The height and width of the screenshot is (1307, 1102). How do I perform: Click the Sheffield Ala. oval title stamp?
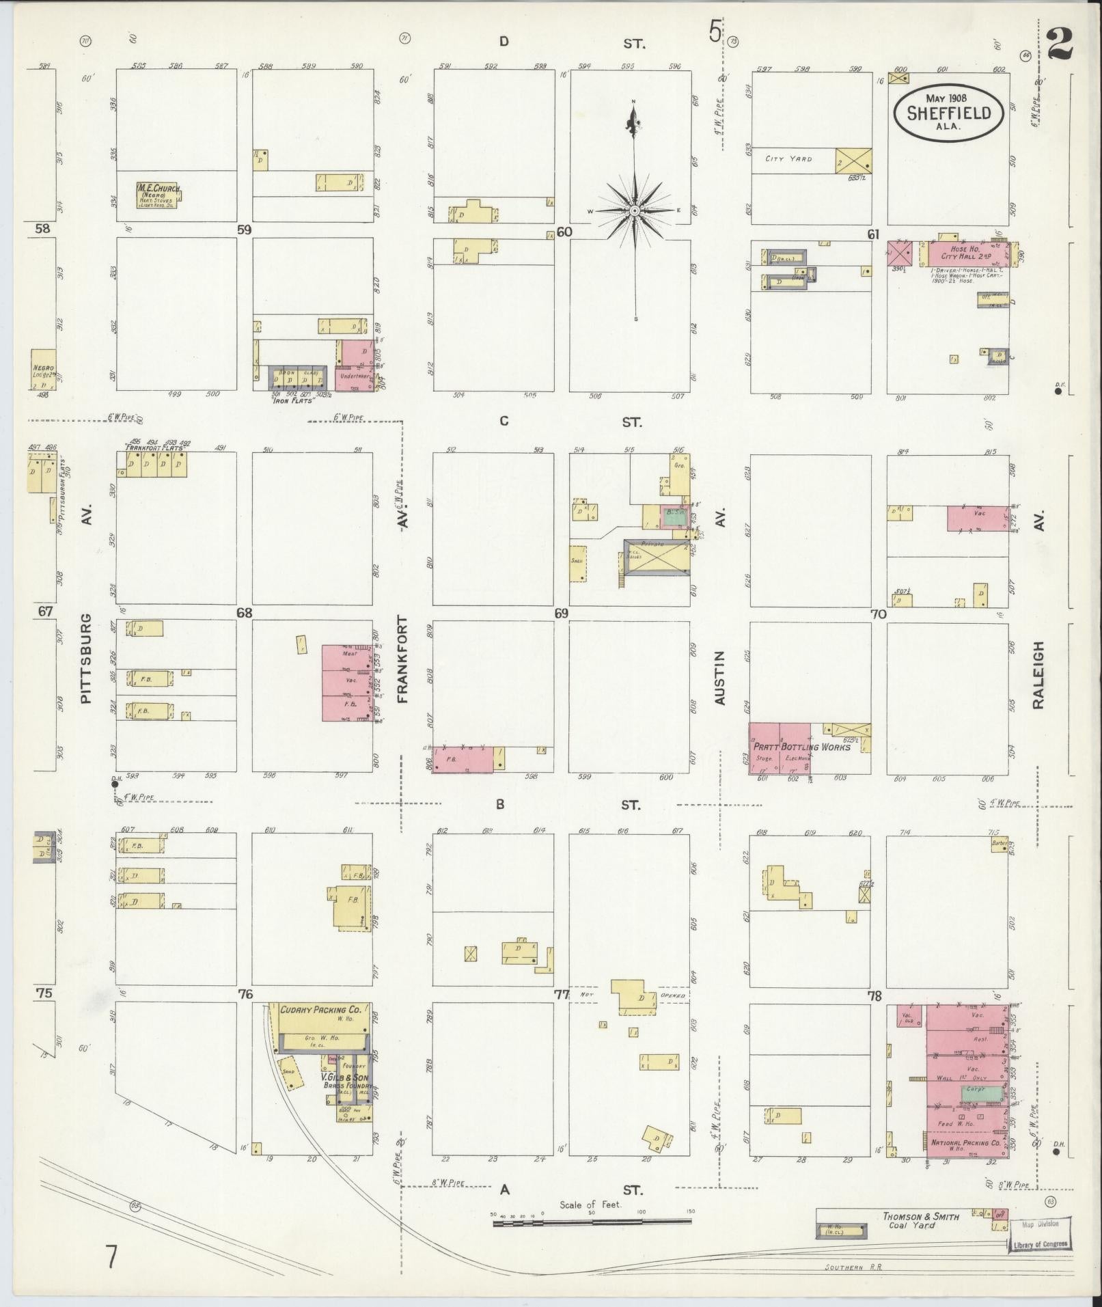[948, 113]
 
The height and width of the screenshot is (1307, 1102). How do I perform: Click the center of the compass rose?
[635, 211]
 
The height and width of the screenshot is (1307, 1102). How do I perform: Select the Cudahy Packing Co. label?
[320, 1009]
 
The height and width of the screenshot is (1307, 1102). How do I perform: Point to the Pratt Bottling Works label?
[802, 747]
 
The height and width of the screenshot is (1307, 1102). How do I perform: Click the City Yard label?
[788, 159]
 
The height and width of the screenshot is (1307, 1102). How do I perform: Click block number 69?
[561, 614]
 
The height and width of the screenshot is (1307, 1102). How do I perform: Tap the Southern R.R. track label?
[853, 1267]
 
